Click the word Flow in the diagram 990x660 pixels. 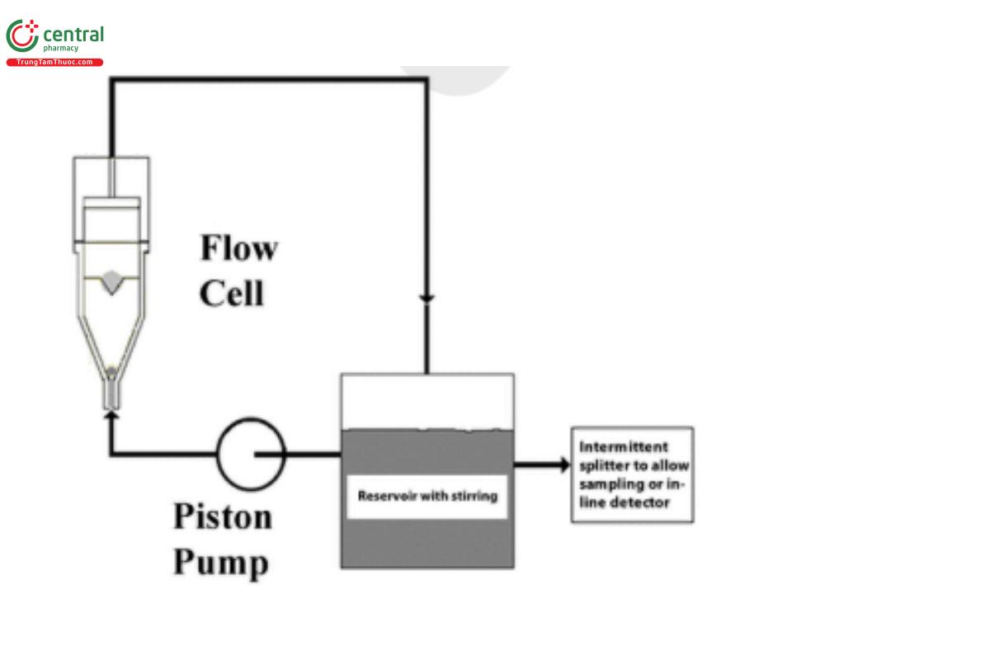(239, 248)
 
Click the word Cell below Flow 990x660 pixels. (232, 293)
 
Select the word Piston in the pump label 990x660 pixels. (222, 517)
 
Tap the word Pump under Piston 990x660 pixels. (221, 563)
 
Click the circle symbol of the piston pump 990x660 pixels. (251, 453)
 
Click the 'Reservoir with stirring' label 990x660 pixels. (427, 497)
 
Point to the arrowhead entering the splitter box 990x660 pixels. (564, 464)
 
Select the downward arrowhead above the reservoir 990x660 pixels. (427, 298)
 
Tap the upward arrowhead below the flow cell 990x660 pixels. (111, 417)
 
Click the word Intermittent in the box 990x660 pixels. (624, 447)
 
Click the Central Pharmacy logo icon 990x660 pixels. (22, 36)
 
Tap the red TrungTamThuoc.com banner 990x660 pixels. (54, 63)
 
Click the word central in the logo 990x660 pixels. (73, 35)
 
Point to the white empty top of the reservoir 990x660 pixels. (427, 401)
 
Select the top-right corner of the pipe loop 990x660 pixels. (427, 80)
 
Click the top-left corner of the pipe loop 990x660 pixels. (111, 80)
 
